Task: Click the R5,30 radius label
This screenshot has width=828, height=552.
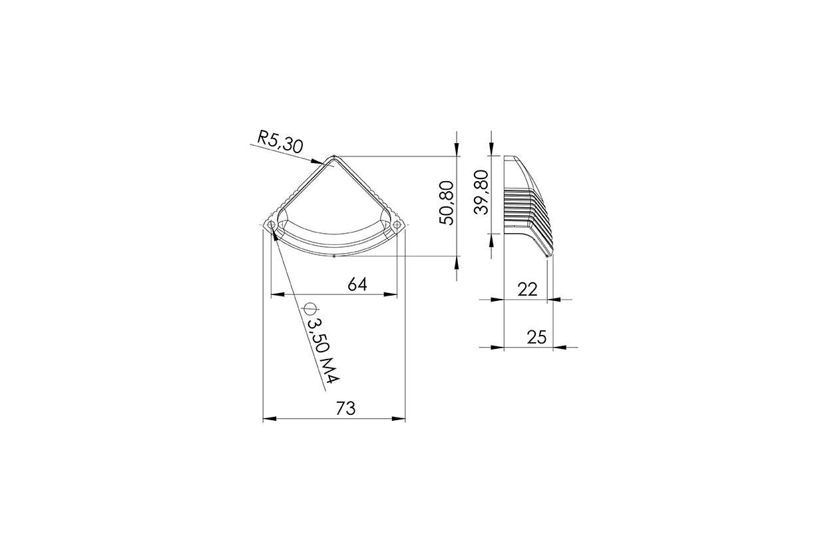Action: [280, 142]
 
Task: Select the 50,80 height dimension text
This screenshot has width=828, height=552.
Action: [447, 202]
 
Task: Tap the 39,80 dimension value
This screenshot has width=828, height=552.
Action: [481, 192]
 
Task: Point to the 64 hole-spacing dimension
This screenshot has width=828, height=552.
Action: [357, 284]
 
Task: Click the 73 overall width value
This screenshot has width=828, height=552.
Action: [345, 409]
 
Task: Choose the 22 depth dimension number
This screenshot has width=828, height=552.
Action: [527, 290]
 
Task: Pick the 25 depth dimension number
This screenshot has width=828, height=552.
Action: [536, 337]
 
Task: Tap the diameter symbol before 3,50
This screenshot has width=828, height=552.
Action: [310, 308]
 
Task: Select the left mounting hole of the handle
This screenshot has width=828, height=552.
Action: [271, 225]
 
